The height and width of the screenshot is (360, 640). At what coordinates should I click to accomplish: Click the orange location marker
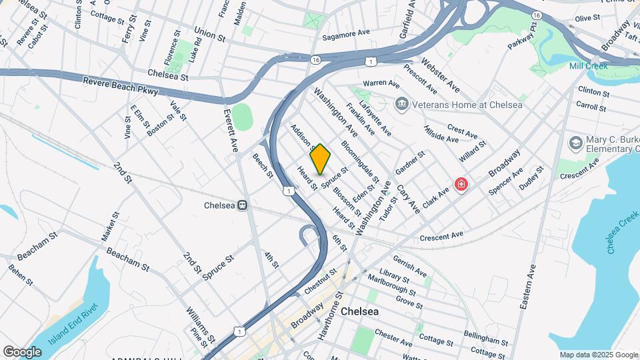coord(320,159)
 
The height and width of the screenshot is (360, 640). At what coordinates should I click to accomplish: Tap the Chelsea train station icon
coord(243,205)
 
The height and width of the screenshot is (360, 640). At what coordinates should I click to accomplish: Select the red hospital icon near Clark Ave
coord(460,183)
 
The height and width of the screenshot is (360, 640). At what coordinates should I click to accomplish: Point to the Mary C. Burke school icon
coord(575,143)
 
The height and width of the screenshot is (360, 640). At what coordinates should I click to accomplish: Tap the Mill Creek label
coord(587,66)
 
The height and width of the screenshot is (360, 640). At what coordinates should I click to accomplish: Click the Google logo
coord(22,351)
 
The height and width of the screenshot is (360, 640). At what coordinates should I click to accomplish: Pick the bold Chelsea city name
coord(359,311)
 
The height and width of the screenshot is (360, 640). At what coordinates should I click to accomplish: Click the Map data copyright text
coord(598,355)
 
